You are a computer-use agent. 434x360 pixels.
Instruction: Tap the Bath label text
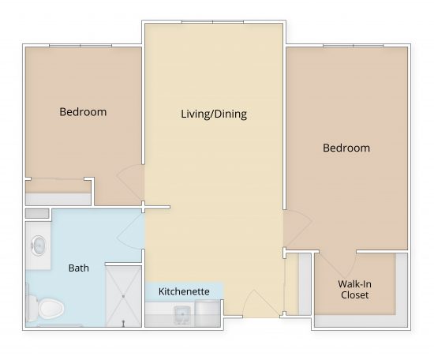click(78, 268)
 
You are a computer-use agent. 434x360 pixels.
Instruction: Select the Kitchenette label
click(184, 291)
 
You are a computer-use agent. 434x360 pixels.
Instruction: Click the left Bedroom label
click(83, 111)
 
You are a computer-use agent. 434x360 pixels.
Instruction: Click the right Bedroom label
click(346, 148)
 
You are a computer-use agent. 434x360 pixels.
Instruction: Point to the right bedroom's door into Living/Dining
click(296, 229)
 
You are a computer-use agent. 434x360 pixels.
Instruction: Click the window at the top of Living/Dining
click(213, 22)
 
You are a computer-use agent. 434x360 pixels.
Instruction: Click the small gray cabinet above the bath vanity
click(36, 213)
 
